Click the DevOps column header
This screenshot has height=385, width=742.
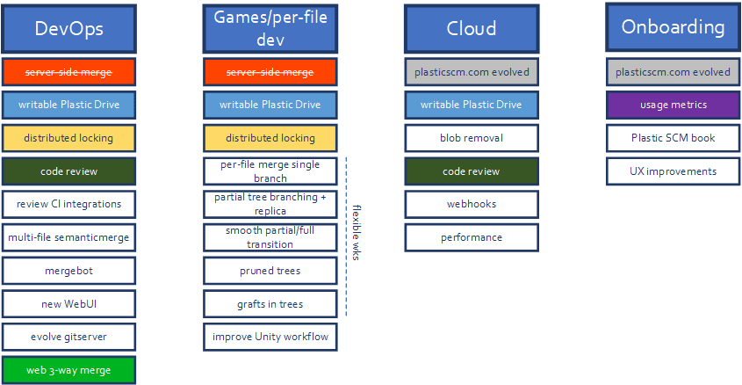69,29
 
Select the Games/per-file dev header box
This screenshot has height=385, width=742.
270,29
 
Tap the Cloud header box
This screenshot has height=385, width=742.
472,29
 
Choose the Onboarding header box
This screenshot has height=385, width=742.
673,27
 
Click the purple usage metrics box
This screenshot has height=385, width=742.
673,105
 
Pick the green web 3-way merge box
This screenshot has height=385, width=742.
69,370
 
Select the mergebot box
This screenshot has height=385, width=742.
69,271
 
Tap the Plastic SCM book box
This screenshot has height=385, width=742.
673,138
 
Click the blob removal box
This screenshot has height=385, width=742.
472,138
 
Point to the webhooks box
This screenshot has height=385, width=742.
472,204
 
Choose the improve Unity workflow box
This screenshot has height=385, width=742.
270,337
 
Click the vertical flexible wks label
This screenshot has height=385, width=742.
357,233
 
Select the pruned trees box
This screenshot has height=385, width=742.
270,271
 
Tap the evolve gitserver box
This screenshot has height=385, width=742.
69,337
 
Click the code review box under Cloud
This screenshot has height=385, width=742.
472,171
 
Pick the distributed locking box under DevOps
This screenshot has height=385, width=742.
69,138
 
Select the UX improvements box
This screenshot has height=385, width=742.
673,171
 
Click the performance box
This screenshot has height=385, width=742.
472,237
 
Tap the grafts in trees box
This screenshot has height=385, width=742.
270,303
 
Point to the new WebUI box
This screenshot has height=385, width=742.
69,303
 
